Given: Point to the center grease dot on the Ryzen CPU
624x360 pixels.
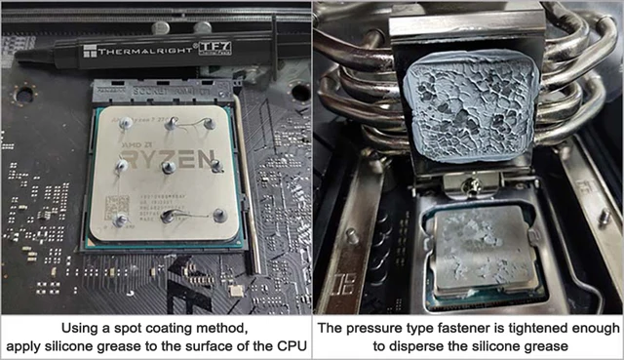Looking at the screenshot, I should pos(169,168).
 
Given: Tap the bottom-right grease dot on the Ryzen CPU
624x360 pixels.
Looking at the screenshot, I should pos(219,215).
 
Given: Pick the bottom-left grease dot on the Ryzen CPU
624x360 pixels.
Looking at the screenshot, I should pos(119,220).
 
